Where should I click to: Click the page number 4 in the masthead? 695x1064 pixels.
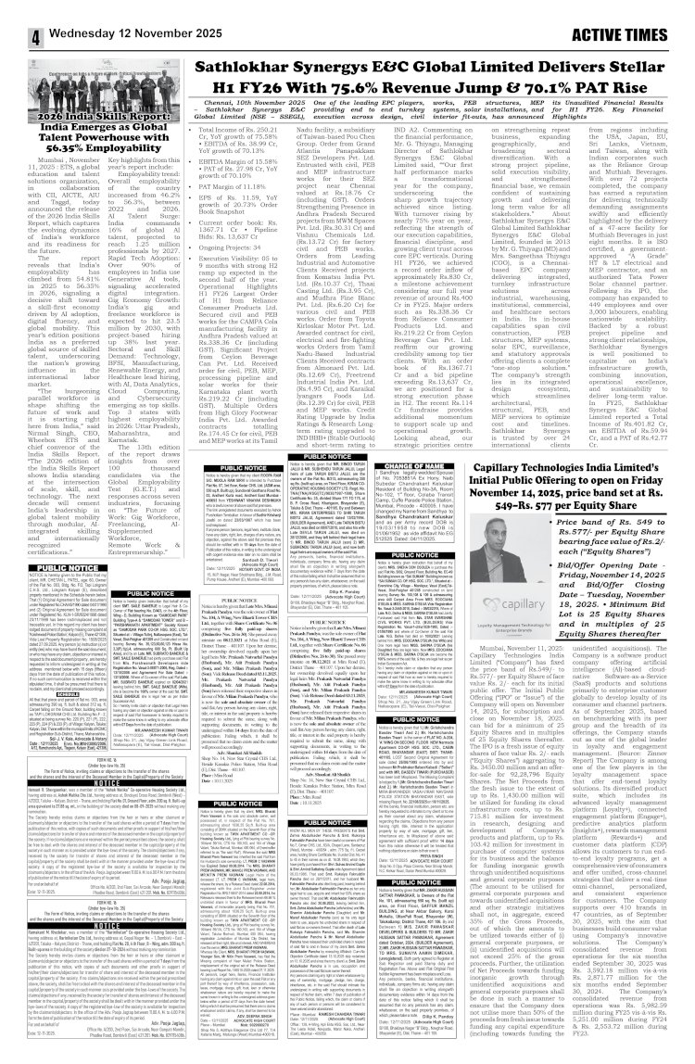[x=16, y=14]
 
